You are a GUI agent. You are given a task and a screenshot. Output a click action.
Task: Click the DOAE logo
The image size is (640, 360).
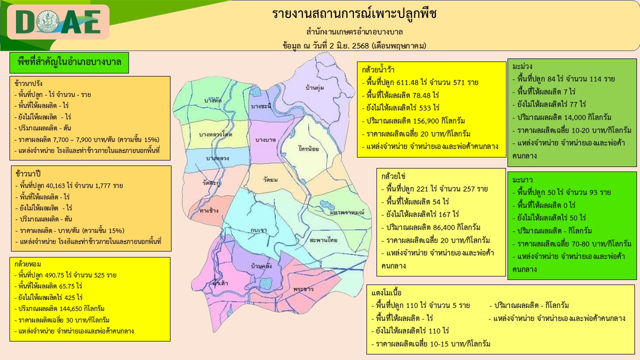click(58, 22)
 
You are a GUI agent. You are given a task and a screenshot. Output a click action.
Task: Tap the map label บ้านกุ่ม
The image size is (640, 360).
click(314, 87)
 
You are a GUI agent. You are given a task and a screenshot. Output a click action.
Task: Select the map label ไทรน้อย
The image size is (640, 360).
click(308, 148)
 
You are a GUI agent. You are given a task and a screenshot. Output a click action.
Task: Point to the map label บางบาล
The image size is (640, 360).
click(265, 139)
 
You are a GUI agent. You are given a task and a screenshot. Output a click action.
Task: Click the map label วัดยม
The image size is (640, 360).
click(270, 179)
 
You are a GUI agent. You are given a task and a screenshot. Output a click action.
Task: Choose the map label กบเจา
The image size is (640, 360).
click(258, 230)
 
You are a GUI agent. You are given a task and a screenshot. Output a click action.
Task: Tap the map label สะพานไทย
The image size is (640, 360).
click(323, 240)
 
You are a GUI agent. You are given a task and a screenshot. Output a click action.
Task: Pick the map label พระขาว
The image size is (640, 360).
click(303, 289)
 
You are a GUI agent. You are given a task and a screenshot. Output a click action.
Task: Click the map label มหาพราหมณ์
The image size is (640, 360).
click(347, 212)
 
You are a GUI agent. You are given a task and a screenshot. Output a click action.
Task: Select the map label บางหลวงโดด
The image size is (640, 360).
click(215, 134)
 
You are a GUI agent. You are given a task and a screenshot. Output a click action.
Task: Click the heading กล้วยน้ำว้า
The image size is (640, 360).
click(378, 69)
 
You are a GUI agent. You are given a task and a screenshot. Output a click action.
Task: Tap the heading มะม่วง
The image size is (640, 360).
click(522, 66)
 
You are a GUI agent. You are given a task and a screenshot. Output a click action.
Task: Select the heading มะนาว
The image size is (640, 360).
click(522, 180)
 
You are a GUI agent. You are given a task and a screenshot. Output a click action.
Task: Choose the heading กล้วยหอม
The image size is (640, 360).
click(27, 264)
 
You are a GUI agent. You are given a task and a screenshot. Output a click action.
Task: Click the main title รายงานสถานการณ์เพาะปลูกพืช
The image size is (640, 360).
click(354, 13)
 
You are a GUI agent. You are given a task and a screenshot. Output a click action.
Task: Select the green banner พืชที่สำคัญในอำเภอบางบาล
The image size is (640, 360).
click(69, 62)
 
